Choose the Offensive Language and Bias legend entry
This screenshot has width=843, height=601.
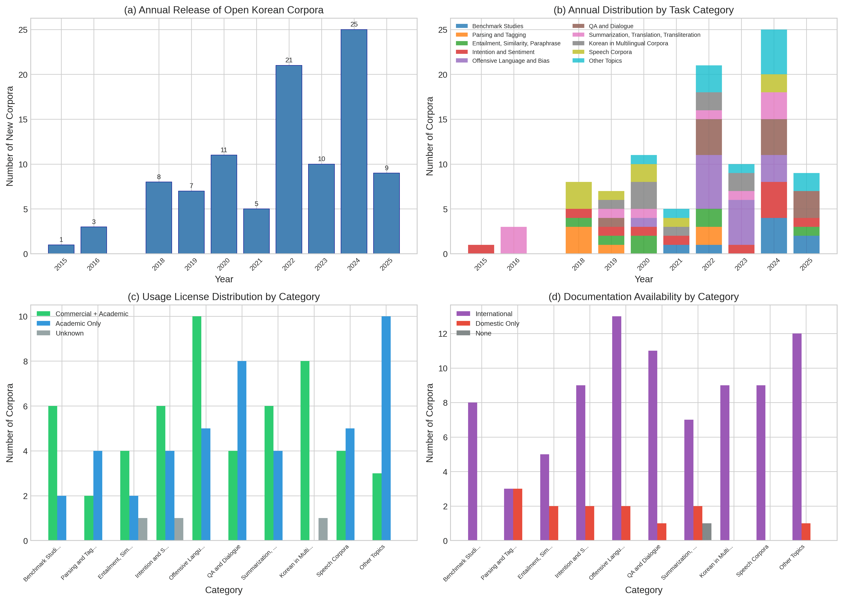[x=503, y=61]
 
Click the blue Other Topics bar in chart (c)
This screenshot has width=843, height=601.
[x=386, y=428]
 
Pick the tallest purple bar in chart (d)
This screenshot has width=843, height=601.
[x=616, y=428]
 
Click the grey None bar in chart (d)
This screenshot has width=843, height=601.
[x=707, y=532]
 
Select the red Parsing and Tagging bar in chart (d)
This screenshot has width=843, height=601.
[x=517, y=514]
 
